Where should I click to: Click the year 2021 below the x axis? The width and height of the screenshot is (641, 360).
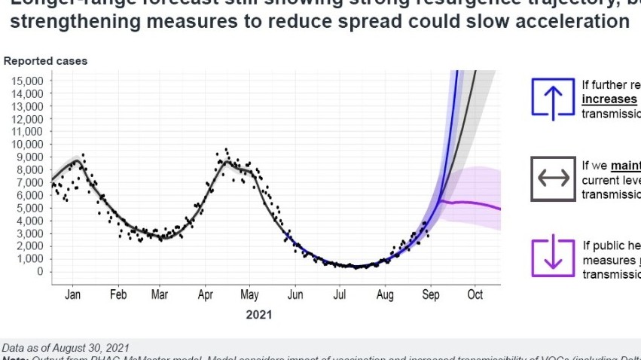pyautogui.click(x=258, y=314)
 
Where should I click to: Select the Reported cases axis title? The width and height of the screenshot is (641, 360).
pyautogui.click(x=45, y=60)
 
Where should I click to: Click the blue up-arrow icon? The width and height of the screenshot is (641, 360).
pyautogui.click(x=553, y=99)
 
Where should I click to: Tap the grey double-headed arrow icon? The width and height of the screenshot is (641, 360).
pyautogui.click(x=553, y=178)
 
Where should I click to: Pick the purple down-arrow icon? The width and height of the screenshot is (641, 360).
pyautogui.click(x=553, y=257)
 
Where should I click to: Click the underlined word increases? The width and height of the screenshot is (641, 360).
pyautogui.click(x=609, y=99)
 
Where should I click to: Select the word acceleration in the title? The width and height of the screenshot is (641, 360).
pyautogui.click(x=580, y=20)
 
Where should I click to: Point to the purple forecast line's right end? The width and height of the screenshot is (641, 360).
pyautogui.click(x=500, y=209)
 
